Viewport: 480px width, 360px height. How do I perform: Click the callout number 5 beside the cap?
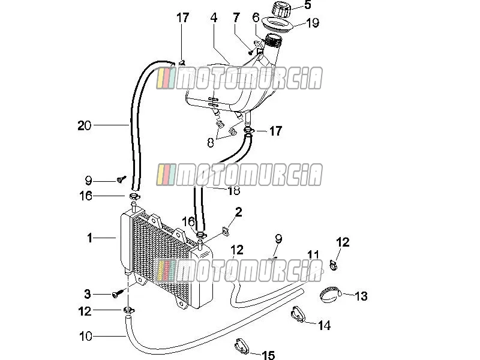click(308, 5)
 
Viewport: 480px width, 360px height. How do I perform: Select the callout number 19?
click(313, 23)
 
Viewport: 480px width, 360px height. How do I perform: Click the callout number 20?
click(84, 125)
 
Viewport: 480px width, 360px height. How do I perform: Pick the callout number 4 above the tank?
click(214, 18)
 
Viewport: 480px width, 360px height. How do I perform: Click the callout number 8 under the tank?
click(211, 143)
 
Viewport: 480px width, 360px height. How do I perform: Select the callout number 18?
click(234, 191)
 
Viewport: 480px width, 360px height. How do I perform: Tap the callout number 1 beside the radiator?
click(89, 238)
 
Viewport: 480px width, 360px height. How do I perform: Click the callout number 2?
click(238, 212)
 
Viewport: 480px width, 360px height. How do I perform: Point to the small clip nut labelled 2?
click(226, 232)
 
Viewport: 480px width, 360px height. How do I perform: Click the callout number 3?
click(88, 294)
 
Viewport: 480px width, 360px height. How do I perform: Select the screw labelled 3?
click(117, 294)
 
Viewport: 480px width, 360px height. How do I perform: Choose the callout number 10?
click(85, 337)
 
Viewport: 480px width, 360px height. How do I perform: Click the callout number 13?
click(361, 296)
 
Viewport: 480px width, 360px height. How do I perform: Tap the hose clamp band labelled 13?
click(330, 294)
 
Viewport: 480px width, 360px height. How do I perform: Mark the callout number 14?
click(324, 325)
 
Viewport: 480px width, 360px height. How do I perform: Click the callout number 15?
click(268, 355)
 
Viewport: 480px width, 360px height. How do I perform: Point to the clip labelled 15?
click(242, 346)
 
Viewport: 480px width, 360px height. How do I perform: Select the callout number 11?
click(313, 254)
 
